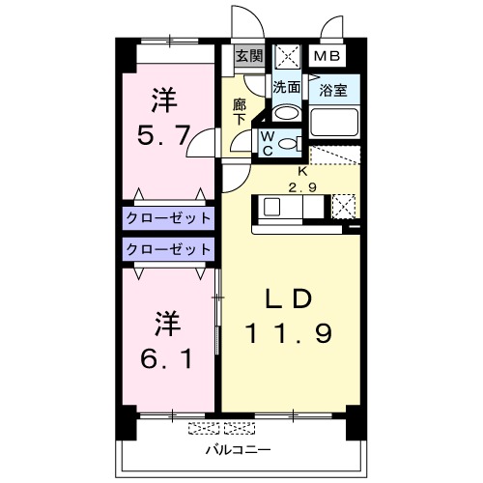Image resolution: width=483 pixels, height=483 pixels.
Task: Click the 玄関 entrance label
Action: [x=248, y=56]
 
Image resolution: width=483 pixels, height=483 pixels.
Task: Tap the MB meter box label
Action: [x=324, y=56]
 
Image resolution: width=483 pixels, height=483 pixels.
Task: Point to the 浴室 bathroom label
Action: [x=334, y=91]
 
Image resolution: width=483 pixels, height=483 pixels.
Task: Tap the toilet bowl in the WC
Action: [x=288, y=144]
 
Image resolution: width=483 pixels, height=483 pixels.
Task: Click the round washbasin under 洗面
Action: [x=285, y=111]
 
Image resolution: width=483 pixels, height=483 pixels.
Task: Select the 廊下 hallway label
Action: [x=241, y=111]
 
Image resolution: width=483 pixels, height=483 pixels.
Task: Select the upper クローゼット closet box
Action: [x=167, y=216]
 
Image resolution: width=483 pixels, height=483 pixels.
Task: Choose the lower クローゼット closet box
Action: [x=167, y=249]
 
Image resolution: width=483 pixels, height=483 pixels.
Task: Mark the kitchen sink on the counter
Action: [x=271, y=207]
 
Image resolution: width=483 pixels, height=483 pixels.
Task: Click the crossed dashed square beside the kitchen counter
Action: [x=343, y=206]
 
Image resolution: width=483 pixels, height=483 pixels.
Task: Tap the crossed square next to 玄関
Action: [x=286, y=56]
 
